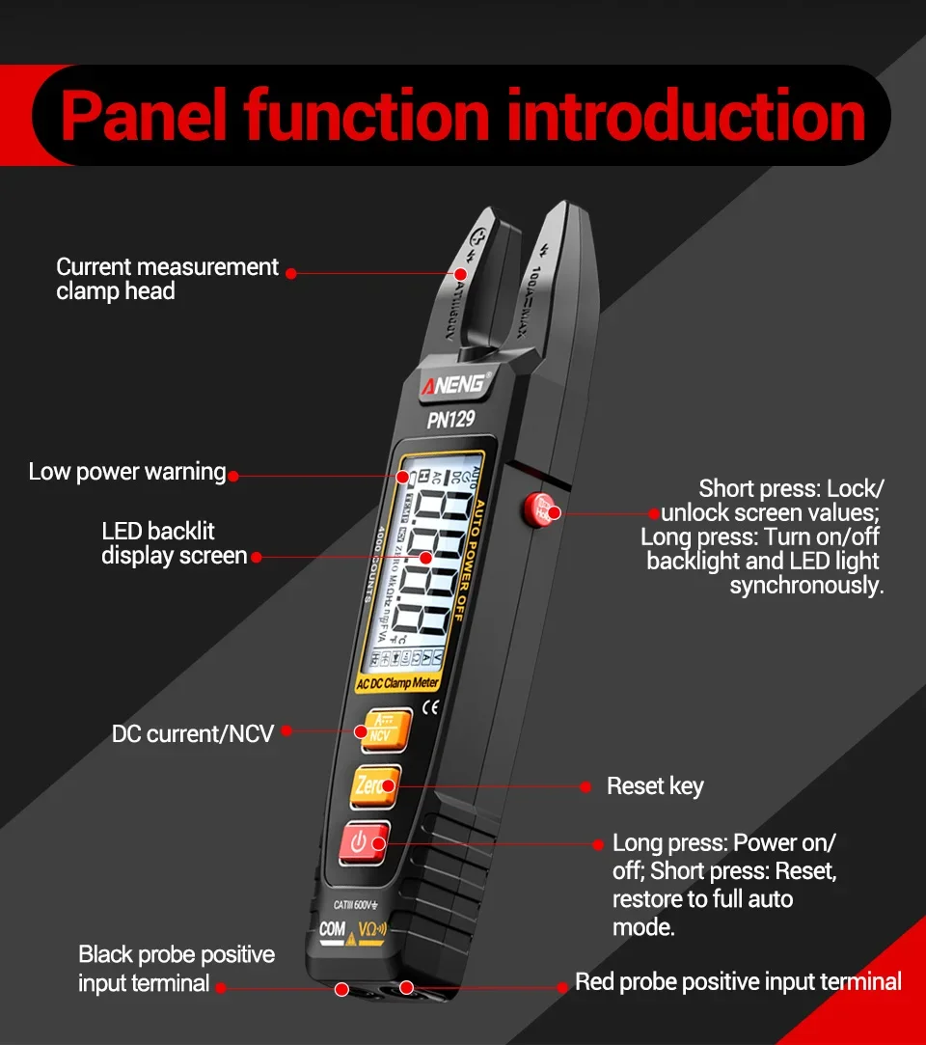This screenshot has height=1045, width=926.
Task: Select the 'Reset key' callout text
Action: pos(655,786)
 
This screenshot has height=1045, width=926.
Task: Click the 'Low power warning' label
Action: pos(126,472)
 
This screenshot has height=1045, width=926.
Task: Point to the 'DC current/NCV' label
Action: pos(193,734)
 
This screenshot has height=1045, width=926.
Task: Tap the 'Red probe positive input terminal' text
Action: pos(738,982)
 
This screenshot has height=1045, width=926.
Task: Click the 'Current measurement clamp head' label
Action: pos(167,279)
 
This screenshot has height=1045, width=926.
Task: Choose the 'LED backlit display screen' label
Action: pos(174,543)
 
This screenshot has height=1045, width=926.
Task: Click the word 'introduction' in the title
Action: pos(686,116)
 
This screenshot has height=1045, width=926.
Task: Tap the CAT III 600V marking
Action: pos(356,905)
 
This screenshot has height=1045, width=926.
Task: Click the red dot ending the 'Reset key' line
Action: pos(586,787)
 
